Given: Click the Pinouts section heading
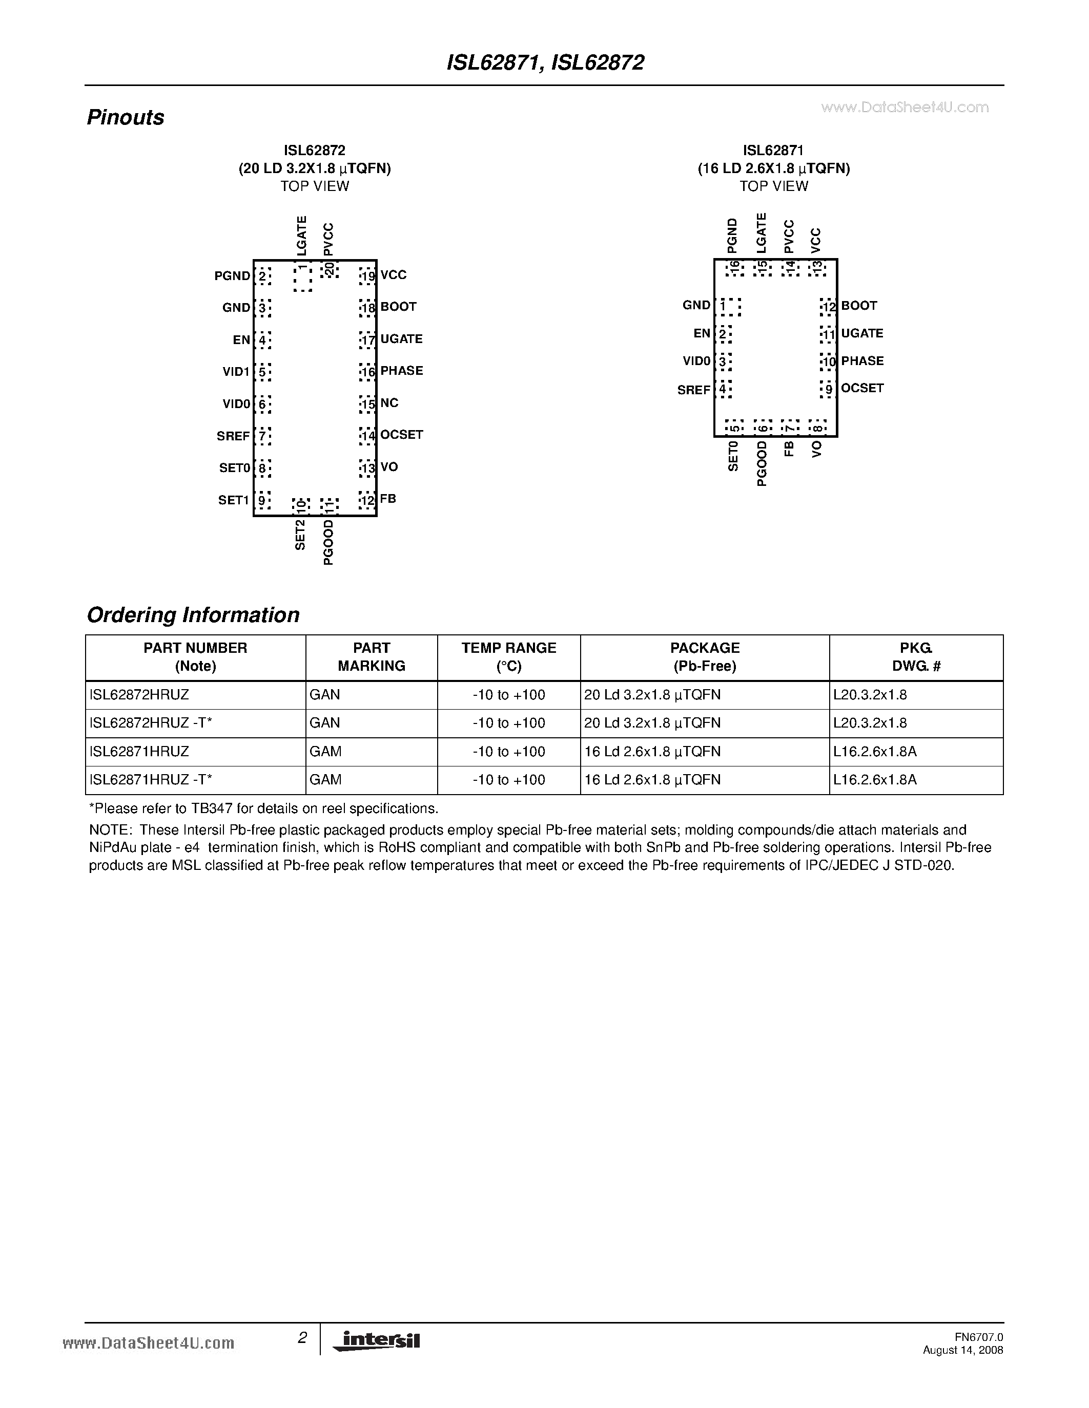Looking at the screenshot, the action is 125,117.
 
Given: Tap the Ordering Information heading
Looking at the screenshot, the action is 193,615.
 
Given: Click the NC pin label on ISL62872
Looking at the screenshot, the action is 389,403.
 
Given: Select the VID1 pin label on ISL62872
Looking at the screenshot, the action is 236,372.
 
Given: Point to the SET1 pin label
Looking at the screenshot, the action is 234,500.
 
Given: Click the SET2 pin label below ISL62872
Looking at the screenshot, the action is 300,535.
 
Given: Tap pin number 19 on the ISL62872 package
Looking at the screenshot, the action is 368,276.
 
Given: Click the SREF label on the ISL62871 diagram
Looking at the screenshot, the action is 693,390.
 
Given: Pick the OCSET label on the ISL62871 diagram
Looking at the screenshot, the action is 862,388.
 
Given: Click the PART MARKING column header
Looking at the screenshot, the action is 372,657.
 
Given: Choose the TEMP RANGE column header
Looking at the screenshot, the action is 509,657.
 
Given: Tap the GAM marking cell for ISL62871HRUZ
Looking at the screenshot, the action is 325,752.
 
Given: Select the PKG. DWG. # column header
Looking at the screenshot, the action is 916,657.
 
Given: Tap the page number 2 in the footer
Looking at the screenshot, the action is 302,1338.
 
